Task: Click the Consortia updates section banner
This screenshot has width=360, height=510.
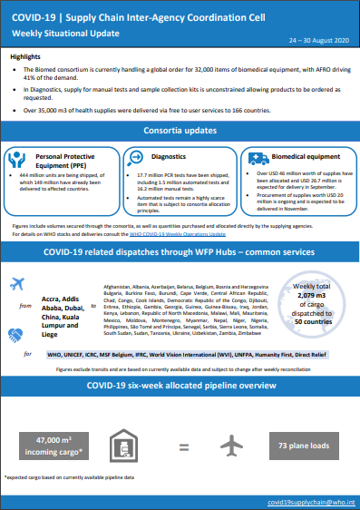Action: (180, 132)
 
